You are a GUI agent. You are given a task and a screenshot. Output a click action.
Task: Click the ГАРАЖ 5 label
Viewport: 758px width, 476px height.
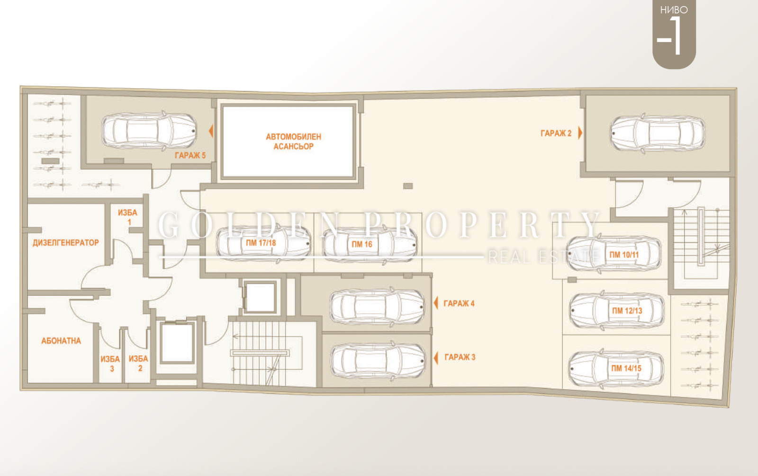[x=190, y=156]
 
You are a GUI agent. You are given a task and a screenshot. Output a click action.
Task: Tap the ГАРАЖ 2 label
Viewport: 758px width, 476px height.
[x=556, y=133]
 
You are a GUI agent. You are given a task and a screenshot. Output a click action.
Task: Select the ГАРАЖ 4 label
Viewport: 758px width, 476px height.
[x=459, y=304]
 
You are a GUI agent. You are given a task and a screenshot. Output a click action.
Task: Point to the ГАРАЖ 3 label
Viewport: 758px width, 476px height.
[x=460, y=357]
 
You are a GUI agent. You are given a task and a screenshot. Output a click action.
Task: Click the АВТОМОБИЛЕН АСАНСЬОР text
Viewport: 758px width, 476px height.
[x=293, y=141]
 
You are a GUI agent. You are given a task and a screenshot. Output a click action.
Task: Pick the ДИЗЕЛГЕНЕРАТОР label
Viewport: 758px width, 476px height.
[x=66, y=243]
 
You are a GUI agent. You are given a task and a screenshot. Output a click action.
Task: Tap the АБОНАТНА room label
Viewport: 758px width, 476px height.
[x=61, y=341]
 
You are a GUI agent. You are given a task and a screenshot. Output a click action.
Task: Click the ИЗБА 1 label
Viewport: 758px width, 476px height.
[x=127, y=217]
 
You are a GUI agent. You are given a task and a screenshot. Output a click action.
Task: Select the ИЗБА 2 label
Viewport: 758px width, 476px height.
[x=139, y=363]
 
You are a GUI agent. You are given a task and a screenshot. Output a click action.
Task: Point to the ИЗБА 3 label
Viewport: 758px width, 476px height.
[x=110, y=363]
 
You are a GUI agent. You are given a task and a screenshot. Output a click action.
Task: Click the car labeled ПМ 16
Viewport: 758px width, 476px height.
[x=370, y=245]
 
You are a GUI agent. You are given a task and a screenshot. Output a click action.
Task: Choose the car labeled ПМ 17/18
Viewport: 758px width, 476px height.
[x=263, y=243]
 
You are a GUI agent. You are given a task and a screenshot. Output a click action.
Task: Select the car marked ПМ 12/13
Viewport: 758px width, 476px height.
[x=616, y=310]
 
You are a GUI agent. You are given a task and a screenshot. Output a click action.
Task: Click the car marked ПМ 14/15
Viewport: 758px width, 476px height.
[x=616, y=368]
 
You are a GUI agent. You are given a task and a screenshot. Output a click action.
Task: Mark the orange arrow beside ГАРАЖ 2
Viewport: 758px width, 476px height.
[x=580, y=133]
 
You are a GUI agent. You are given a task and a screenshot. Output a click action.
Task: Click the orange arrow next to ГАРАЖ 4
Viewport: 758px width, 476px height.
[x=436, y=303]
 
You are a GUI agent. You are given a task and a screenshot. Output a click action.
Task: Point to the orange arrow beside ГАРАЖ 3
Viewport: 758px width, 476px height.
[x=436, y=358]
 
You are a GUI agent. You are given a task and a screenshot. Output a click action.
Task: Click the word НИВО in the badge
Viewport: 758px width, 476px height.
[x=674, y=10]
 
